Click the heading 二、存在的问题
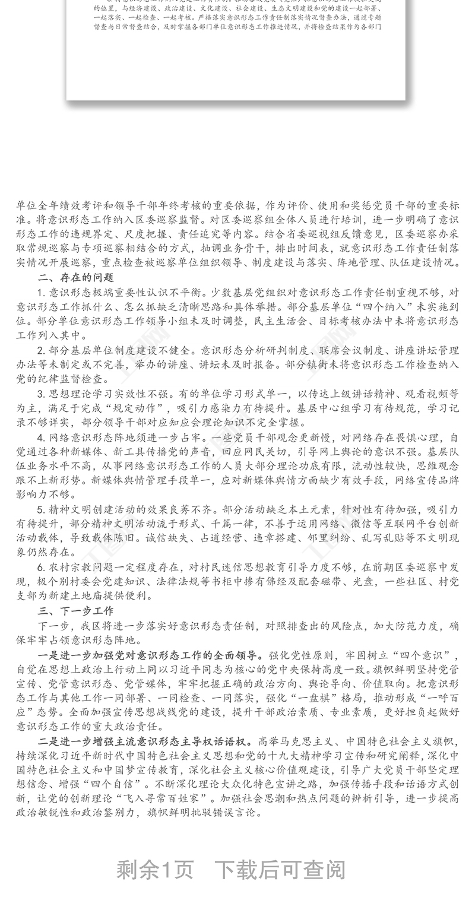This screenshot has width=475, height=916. pyautogui.click(x=75, y=277)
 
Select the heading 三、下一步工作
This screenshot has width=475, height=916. pyautogui.click(x=75, y=611)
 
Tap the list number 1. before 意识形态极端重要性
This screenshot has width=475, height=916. pyautogui.click(x=41, y=292)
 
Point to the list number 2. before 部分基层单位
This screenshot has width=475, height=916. pyautogui.click(x=41, y=350)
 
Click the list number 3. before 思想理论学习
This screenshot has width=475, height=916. pyautogui.click(x=41, y=394)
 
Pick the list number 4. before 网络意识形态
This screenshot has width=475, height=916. pyautogui.click(x=41, y=438)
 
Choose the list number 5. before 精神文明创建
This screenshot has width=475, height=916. pyautogui.click(x=41, y=509)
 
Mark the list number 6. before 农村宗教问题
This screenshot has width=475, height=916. pyautogui.click(x=41, y=567)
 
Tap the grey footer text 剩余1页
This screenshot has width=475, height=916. pyautogui.click(x=156, y=870)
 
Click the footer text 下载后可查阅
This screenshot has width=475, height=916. pyautogui.click(x=280, y=870)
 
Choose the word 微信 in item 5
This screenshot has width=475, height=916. pyautogui.click(x=349, y=524)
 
